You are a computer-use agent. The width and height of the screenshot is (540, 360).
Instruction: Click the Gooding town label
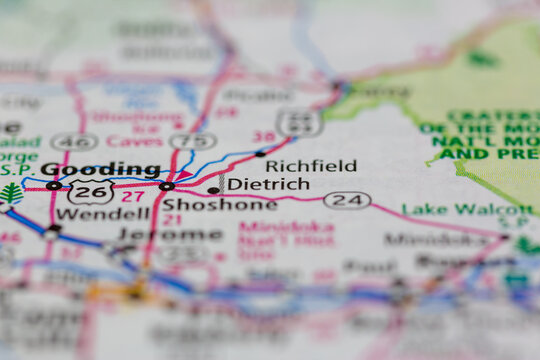100,169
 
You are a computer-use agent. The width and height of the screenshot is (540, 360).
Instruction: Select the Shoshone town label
219,204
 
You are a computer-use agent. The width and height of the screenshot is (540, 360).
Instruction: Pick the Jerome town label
170,234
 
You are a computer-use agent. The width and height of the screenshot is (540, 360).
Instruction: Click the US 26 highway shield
91,191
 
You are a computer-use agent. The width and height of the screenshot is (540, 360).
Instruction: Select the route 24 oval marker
347,200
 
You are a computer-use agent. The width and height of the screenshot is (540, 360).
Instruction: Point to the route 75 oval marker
193,141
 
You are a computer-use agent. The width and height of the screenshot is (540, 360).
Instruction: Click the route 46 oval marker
74,141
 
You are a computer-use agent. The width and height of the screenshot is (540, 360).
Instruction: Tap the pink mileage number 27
133,197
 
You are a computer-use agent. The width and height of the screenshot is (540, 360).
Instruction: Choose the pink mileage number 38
263,136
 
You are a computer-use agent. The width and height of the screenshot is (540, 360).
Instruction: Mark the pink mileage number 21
172,219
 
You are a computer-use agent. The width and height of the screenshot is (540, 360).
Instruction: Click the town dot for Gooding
53,185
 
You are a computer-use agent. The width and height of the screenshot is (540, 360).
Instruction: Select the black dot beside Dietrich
213,189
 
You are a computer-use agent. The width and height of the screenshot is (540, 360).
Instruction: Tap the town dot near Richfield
260,153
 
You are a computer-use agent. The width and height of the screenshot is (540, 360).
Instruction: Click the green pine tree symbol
11,192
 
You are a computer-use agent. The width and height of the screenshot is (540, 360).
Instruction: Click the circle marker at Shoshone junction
166,186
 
